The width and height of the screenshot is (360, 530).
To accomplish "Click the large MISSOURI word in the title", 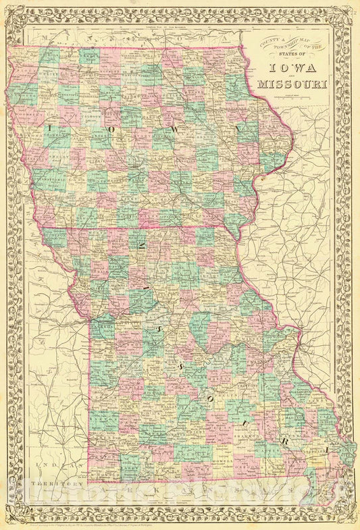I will coord(292,84).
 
